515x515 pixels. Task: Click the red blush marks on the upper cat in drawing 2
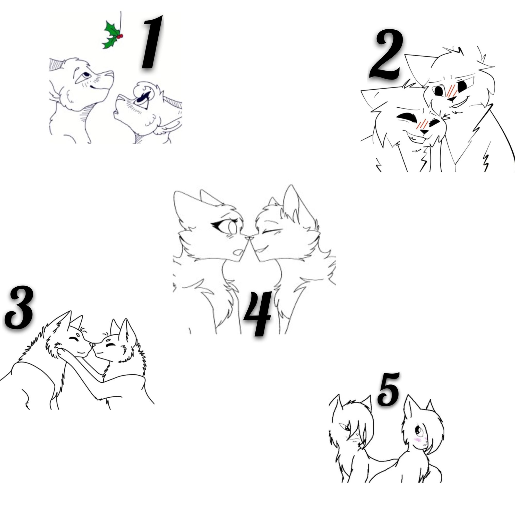pyautogui.click(x=452, y=91)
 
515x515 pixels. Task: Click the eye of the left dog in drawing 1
pyautogui.click(x=86, y=75)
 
